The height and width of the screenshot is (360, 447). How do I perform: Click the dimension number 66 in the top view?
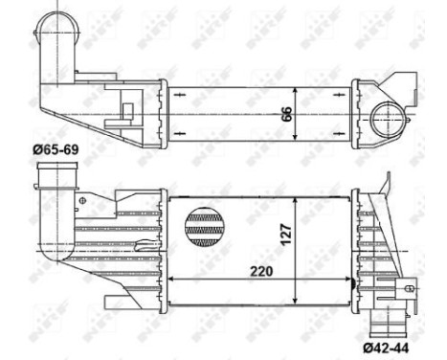coord(286,111)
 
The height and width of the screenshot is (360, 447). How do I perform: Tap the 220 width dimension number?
coord(258,270)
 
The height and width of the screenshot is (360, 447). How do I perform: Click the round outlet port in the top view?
coord(393,119)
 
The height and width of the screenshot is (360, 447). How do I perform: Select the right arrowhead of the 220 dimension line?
coord(346,280)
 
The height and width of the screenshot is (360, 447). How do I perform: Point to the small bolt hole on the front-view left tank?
coord(83,201)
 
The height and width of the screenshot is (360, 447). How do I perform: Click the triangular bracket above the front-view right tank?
coord(386,188)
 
